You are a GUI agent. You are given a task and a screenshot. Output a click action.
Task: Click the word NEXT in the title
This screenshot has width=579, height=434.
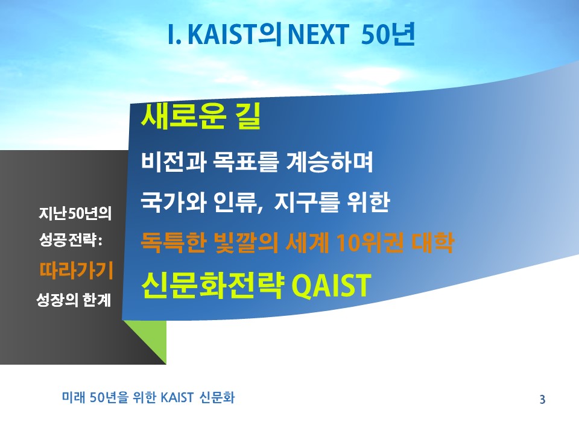[318, 34]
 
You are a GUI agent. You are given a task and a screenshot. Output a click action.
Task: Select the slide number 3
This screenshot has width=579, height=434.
[542, 399]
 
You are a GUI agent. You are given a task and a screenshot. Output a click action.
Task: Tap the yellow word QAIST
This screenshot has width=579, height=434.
[331, 285]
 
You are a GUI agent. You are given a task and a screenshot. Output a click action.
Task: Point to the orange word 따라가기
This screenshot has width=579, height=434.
[76, 270]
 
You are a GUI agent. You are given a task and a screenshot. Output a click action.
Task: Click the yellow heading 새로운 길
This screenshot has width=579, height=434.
[201, 116]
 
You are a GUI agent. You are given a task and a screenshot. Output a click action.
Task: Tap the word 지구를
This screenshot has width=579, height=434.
[306, 202]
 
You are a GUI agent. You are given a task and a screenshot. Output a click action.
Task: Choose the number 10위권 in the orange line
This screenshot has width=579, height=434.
[370, 242]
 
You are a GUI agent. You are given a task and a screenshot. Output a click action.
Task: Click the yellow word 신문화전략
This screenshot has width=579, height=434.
[213, 285]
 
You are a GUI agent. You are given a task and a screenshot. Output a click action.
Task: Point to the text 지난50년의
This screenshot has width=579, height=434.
[75, 213]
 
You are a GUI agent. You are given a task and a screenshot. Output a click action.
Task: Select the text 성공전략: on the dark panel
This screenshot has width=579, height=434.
[71, 241]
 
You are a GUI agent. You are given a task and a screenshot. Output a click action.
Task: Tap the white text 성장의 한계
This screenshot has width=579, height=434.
[74, 300]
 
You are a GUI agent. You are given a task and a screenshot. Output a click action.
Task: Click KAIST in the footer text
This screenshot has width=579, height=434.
[177, 397]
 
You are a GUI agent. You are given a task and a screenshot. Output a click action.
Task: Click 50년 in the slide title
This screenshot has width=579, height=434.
[388, 34]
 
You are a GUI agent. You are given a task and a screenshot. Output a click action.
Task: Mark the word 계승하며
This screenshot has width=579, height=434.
[330, 162]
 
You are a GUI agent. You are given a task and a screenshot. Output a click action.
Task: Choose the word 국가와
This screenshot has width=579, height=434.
[173, 202]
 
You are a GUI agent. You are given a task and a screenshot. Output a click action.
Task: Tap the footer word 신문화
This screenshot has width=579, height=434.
[217, 397]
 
